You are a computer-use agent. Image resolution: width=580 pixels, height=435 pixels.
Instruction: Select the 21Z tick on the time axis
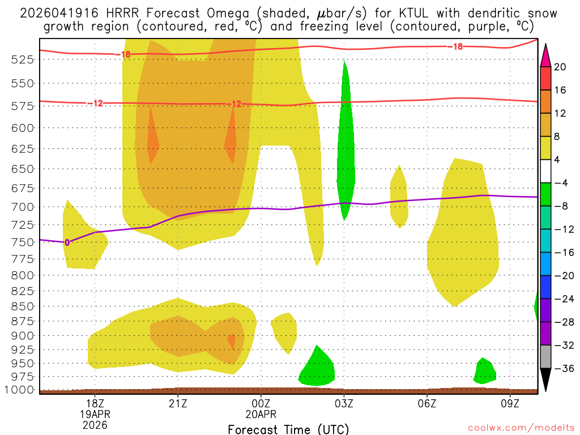click(x=178, y=403)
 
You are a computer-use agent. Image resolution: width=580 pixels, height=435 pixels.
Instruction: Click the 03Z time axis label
click(x=344, y=403)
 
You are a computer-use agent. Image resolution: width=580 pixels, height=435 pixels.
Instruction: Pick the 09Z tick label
click(x=510, y=403)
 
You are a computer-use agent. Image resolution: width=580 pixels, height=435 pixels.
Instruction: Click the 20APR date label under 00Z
click(x=261, y=414)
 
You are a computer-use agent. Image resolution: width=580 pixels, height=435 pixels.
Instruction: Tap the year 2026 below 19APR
click(x=95, y=424)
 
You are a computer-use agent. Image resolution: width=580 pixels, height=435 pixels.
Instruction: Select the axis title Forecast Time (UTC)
click(x=288, y=429)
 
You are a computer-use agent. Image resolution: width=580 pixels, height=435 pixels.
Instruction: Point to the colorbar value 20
click(x=560, y=67)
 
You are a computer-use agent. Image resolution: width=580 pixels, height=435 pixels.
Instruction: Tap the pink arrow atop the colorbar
click(x=546, y=54)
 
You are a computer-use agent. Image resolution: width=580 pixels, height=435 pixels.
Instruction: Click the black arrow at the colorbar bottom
click(x=546, y=380)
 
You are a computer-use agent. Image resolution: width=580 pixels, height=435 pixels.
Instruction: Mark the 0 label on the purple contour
click(x=67, y=242)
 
